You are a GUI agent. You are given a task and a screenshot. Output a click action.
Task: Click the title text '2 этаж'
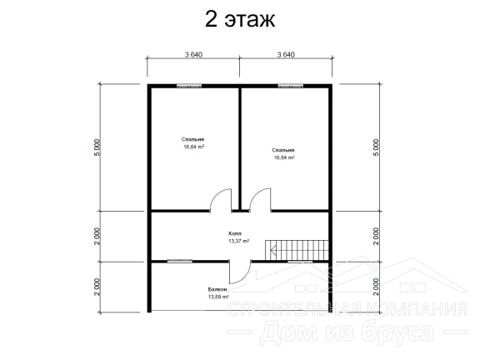pyautogui.click(x=240, y=20)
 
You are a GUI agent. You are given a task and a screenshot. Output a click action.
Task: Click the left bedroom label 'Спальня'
pyautogui.click(x=192, y=140)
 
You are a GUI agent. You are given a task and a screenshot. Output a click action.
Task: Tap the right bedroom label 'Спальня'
pyautogui.click(x=283, y=150)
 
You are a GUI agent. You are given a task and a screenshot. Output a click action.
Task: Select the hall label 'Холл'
pyautogui.click(x=235, y=233)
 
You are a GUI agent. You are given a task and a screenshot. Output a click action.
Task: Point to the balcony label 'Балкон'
pyautogui.click(x=217, y=289)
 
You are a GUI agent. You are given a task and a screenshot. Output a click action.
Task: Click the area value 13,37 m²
pyautogui.click(x=238, y=241)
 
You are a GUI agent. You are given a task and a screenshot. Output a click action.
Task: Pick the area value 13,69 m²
pyautogui.click(x=218, y=297)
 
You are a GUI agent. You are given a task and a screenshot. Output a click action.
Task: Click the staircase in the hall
pyautogui.click(x=297, y=250)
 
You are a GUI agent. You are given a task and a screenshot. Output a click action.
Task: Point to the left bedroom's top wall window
pyautogui.click(x=189, y=87)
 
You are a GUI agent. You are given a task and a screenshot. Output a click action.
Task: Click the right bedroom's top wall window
pyautogui.click(x=291, y=87)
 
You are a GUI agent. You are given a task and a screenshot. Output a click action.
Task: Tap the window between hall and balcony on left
pyautogui.click(x=180, y=261)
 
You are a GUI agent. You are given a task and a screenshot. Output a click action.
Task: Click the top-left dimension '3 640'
pyautogui.click(x=193, y=55)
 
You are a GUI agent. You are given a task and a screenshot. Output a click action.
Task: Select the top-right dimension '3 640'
pyautogui.click(x=286, y=55)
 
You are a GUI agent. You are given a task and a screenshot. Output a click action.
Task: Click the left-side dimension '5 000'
pyautogui.click(x=97, y=147)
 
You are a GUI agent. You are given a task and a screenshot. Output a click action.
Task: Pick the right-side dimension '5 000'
pyautogui.click(x=376, y=147)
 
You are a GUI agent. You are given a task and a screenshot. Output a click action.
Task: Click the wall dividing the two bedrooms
pyautogui.click(x=240, y=149)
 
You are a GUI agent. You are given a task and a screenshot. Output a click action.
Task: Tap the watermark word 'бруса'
pyautogui.click(x=397, y=333)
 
